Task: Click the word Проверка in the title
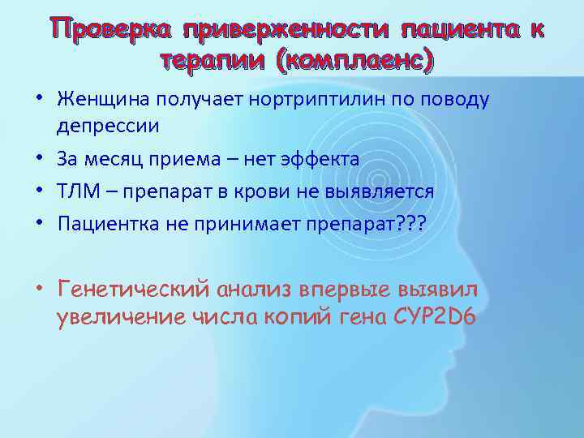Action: point(114,29)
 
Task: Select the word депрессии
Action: point(108,127)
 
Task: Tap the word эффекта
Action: point(324,158)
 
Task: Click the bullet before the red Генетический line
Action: point(41,288)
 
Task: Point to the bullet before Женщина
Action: point(41,99)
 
